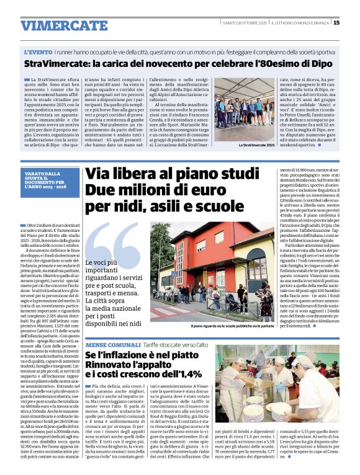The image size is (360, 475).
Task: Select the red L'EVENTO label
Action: [38, 53]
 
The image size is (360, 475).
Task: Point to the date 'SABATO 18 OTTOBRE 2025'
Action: [243, 23]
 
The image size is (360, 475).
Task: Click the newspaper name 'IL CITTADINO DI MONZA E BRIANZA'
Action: [299, 23]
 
